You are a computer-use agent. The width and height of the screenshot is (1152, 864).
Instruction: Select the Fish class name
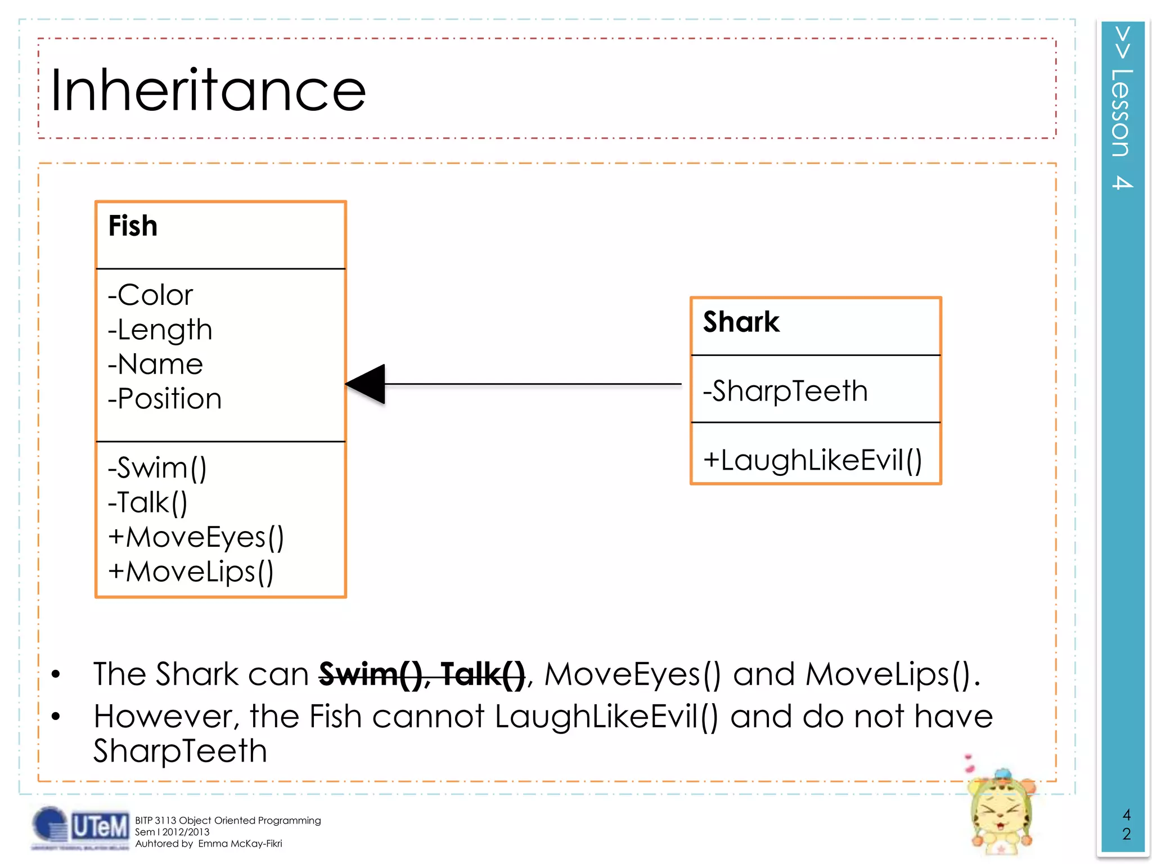click(x=133, y=226)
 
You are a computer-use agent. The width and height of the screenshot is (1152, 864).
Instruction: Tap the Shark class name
click(x=741, y=322)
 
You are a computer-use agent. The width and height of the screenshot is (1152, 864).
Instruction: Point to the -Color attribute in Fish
click(x=150, y=295)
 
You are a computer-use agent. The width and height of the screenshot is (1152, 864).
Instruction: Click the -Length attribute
click(x=160, y=330)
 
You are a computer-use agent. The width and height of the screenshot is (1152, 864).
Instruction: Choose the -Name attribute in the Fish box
click(x=155, y=364)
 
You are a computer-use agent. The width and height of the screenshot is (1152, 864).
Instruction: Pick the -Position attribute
click(x=165, y=399)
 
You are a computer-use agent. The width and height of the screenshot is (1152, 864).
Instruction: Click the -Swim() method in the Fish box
click(x=157, y=468)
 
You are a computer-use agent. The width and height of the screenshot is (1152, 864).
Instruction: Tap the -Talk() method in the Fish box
click(x=147, y=502)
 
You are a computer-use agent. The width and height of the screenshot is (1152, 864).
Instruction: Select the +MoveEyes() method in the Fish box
click(x=196, y=537)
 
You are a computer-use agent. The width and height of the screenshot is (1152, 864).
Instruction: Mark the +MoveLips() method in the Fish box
click(x=191, y=572)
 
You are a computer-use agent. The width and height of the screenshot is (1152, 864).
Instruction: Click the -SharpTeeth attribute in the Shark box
click(x=785, y=391)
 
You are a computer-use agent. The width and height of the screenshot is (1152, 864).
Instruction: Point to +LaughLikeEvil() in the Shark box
click(x=812, y=460)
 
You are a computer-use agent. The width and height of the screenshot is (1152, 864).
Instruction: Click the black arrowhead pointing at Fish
click(x=367, y=384)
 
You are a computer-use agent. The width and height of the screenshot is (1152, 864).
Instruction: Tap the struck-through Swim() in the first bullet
click(x=372, y=674)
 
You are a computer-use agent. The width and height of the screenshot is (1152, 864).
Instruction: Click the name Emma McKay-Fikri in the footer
click(x=240, y=844)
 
